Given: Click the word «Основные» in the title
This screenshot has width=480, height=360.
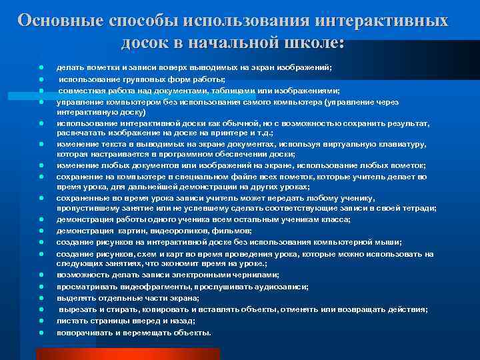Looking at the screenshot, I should (x=58, y=20).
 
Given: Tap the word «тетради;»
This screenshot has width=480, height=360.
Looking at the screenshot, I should (x=419, y=208).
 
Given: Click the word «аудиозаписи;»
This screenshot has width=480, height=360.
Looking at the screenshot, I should (x=279, y=286).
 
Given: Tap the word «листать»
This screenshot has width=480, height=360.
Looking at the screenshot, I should (x=71, y=321).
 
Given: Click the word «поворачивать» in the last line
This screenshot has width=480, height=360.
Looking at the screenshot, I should (x=84, y=332).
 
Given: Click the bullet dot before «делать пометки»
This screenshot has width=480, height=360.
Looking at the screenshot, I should (x=41, y=67).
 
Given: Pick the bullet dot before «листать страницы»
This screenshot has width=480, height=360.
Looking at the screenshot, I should (x=41, y=321).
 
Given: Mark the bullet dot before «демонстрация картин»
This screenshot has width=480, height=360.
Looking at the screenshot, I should (x=41, y=231).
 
